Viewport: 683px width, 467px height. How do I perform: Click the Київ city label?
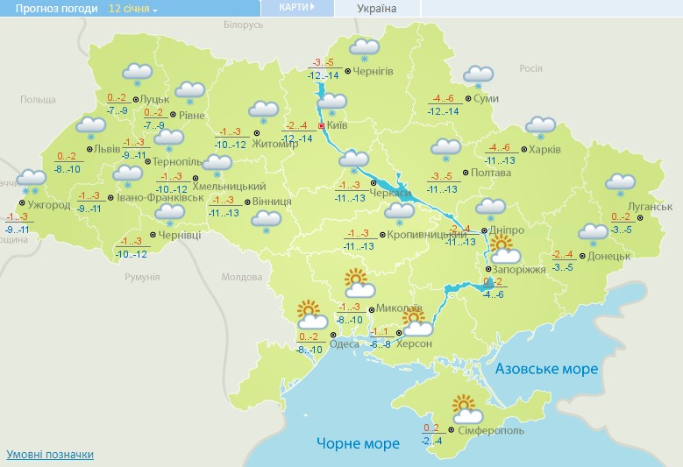click(338, 127)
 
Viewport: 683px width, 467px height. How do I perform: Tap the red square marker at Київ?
click(321, 126)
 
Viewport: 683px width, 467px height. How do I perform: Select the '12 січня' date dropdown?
click(132, 9)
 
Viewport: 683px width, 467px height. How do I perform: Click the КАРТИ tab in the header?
click(296, 8)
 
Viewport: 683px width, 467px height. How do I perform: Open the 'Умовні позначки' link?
click(50, 455)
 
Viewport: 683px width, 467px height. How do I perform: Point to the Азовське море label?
click(546, 369)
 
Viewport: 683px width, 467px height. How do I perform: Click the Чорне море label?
click(359, 444)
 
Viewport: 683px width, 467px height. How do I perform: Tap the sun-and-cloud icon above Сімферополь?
click(467, 409)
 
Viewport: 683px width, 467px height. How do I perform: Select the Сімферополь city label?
click(492, 431)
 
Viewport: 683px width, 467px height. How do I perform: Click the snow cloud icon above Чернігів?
click(364, 49)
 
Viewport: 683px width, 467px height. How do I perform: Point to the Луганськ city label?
click(651, 207)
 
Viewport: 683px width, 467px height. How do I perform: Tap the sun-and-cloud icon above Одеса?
click(311, 314)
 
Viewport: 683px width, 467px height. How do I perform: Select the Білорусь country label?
click(243, 25)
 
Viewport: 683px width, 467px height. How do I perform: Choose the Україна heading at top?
click(377, 9)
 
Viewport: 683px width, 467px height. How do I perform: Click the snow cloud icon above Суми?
click(478, 76)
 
